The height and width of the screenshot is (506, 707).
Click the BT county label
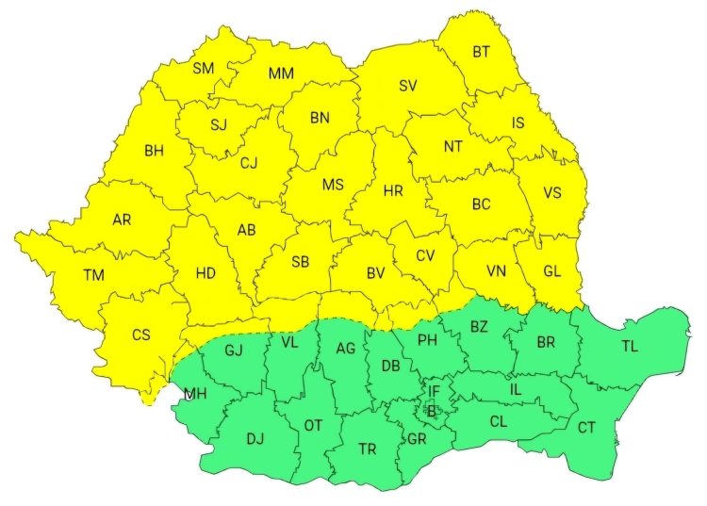481,52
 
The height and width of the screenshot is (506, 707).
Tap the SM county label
203,68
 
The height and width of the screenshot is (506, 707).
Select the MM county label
280,73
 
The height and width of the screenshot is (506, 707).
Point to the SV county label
407,86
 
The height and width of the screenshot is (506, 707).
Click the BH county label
154,150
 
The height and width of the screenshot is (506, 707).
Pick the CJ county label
249,163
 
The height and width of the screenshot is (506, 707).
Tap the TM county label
93,276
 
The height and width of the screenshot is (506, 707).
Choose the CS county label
140,335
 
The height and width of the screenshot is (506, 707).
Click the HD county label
206,273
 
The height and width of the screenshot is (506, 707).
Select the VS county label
552,193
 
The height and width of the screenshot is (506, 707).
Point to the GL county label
552,271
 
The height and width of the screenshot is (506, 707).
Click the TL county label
629,347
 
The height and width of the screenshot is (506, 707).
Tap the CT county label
586,428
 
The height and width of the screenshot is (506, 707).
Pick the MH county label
195,394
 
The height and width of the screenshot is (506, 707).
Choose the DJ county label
255,438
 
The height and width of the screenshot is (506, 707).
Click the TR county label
368,449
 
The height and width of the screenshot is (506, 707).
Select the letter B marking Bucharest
432,411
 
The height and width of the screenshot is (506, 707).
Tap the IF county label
434,390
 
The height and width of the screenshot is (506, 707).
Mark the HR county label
393,191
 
